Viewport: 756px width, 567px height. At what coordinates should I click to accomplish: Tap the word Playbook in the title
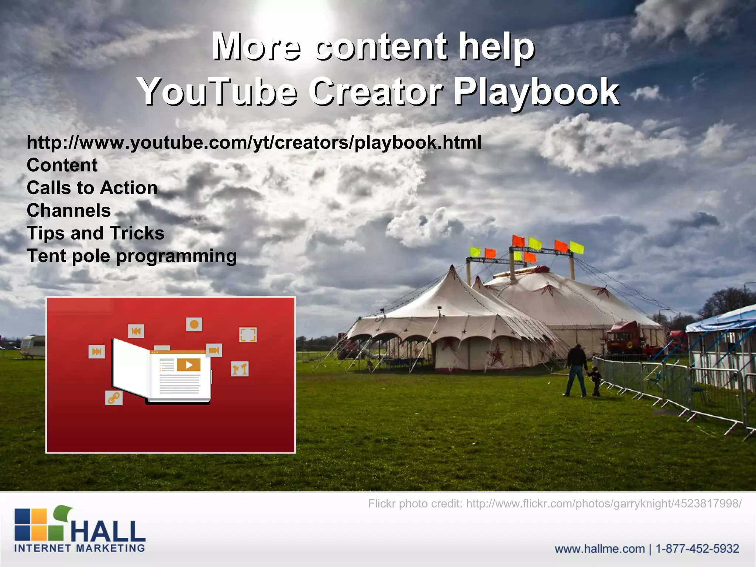coord(536,91)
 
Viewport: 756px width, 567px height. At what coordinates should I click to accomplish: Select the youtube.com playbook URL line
coord(254,142)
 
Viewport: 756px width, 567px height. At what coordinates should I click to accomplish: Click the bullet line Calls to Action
coord(92,188)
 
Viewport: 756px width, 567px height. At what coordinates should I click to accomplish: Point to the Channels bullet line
coord(69,210)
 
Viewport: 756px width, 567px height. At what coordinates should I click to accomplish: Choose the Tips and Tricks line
coord(95,233)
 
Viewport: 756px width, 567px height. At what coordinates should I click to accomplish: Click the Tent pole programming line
coord(131,256)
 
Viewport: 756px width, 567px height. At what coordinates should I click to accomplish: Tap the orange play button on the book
coord(189,365)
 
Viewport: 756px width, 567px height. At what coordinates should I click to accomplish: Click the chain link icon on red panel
coord(114,398)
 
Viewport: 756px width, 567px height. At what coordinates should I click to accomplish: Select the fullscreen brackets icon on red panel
coord(248,335)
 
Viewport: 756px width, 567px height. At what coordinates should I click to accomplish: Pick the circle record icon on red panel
coord(194,324)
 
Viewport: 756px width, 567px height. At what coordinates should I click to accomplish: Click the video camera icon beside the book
coord(214,350)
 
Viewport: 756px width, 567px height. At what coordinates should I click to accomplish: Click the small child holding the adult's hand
coord(595,381)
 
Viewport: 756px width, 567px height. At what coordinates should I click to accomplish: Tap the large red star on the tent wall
coord(497,355)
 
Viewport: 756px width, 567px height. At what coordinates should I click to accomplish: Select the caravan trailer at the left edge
coord(32,346)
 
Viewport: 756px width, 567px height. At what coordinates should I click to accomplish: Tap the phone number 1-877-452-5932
coord(697,549)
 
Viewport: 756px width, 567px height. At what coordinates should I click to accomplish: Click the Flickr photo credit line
coord(554,504)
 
